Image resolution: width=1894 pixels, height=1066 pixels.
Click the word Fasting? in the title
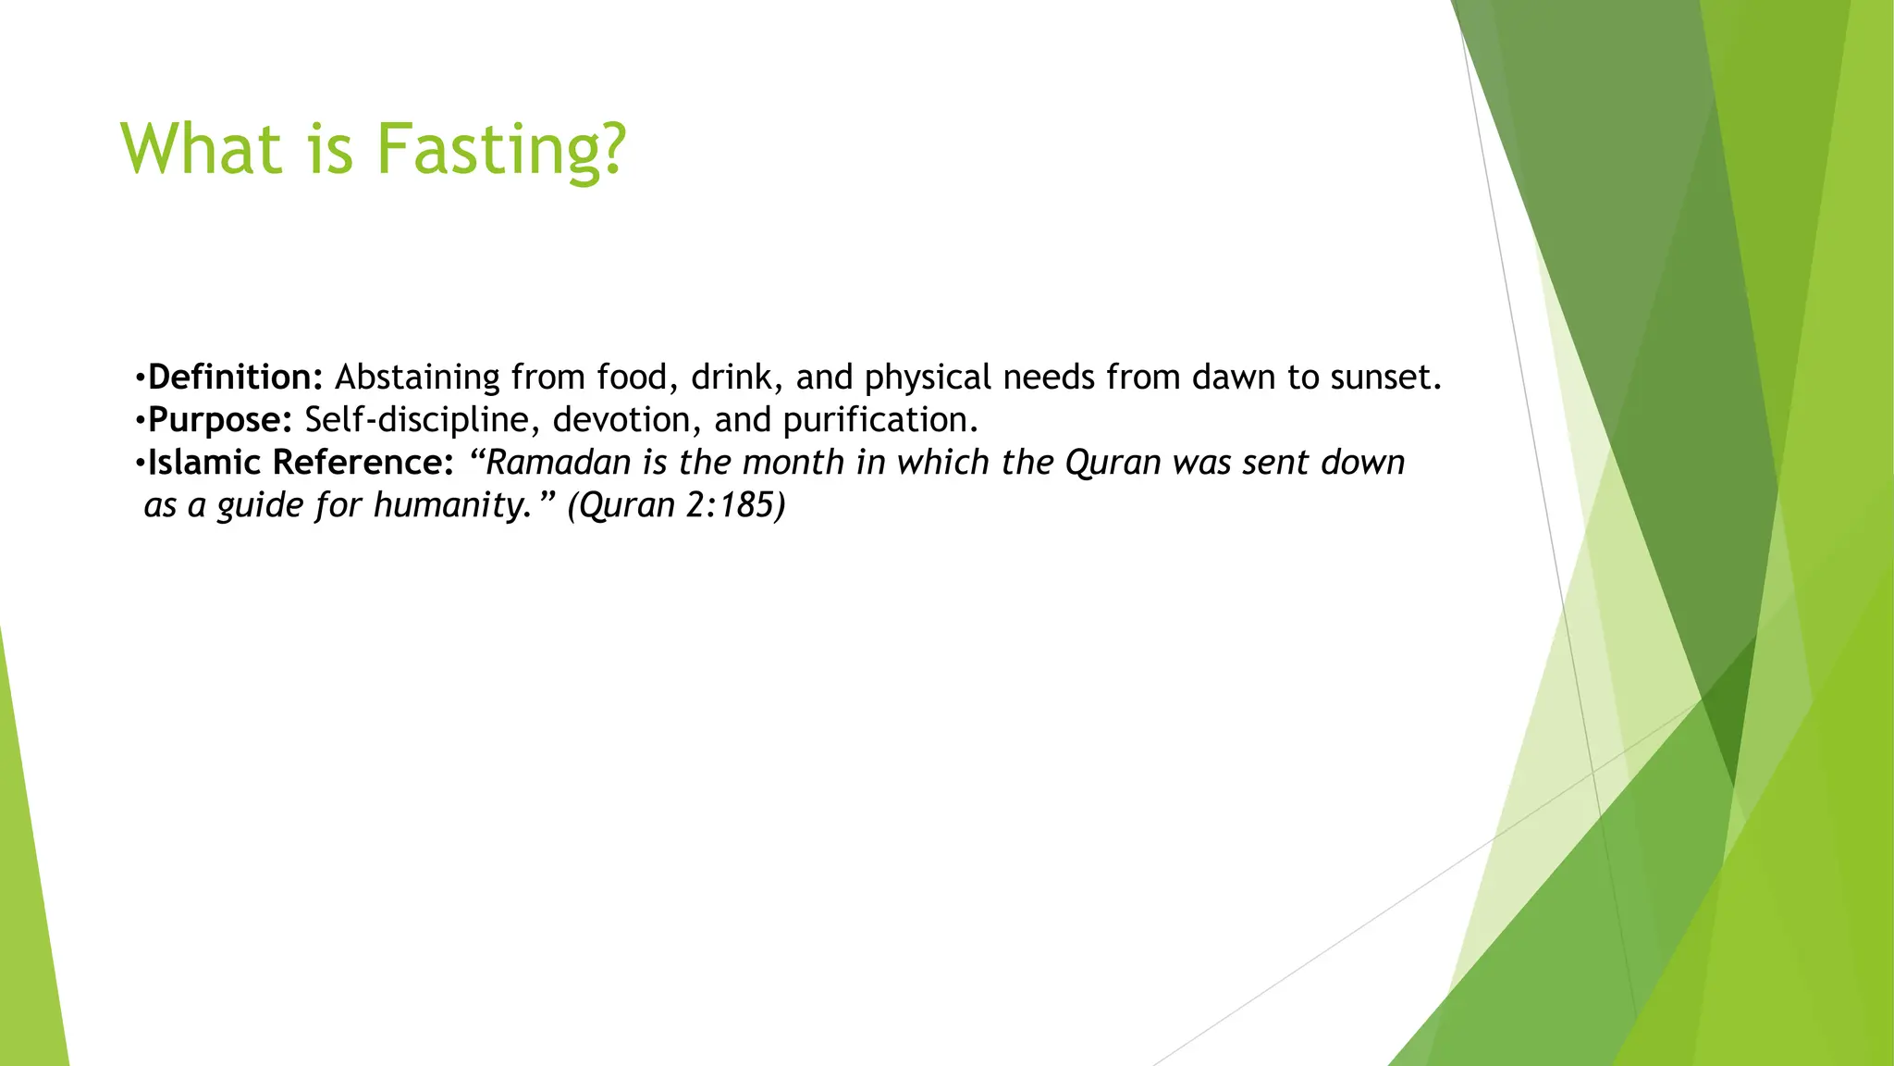500,150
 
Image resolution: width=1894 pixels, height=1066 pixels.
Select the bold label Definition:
235,378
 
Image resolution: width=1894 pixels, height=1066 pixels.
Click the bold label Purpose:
220,420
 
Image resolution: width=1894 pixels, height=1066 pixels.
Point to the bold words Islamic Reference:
301,463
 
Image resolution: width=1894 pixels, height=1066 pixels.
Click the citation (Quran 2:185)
676,505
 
